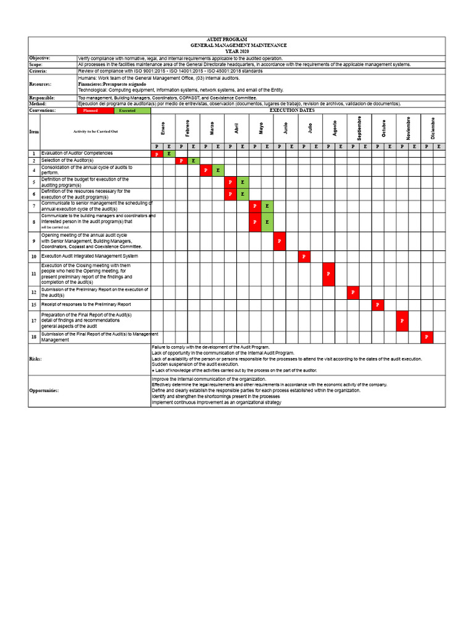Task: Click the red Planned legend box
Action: [95, 111]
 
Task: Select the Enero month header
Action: [163, 128]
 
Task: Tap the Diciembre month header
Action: [433, 128]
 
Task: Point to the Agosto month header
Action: [335, 128]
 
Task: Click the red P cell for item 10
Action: [304, 256]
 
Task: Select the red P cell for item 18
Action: [426, 337]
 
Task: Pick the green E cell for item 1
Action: [169, 153]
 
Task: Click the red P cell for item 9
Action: [280, 240]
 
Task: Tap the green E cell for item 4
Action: [218, 169]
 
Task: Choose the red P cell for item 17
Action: [402, 321]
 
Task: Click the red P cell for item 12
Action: [353, 292]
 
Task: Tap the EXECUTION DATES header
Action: [292, 111]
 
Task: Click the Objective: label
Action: [41, 57]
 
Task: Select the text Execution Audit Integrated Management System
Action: [89, 256]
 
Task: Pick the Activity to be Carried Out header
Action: [96, 132]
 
